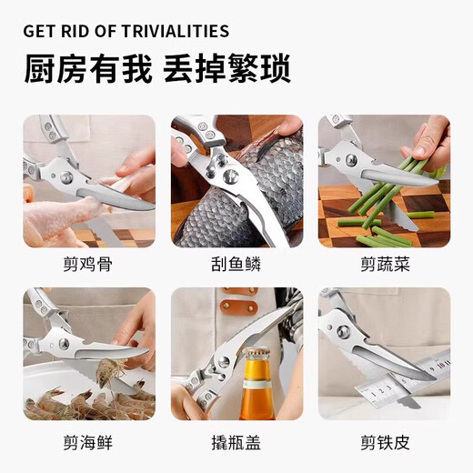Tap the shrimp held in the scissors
click(110, 367)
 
